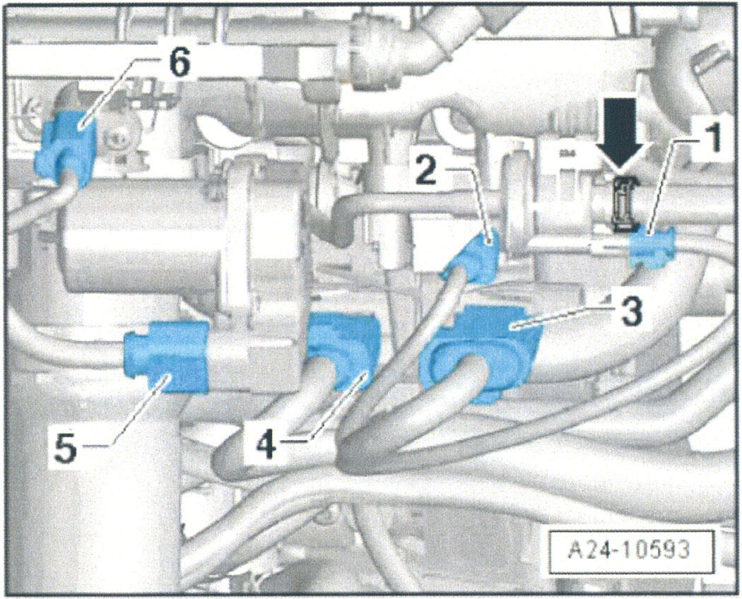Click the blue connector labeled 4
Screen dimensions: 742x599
[343, 350]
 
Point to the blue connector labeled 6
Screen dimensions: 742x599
[67, 147]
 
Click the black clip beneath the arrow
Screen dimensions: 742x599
[625, 203]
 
